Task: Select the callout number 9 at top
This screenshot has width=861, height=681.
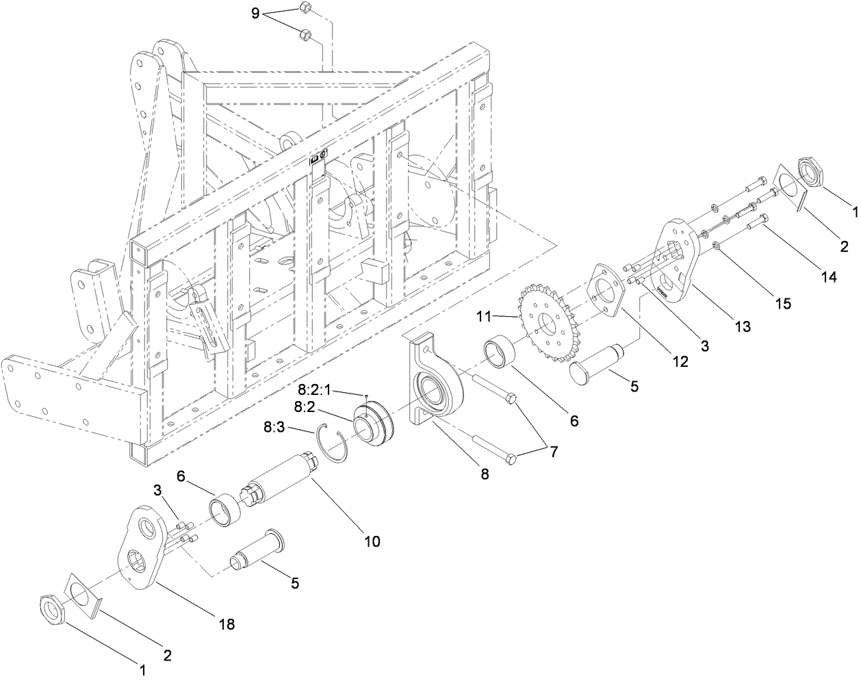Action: pyautogui.click(x=255, y=14)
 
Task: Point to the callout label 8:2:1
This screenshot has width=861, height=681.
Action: pyautogui.click(x=314, y=389)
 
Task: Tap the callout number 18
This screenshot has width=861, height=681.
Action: pyautogui.click(x=227, y=624)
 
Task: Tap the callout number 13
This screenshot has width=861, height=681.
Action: pyautogui.click(x=742, y=327)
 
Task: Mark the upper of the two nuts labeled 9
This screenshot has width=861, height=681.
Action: pyautogui.click(x=305, y=9)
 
